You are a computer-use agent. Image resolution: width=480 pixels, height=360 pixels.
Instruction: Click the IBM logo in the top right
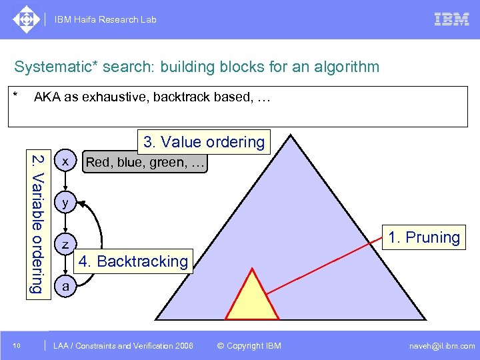click(x=451, y=19)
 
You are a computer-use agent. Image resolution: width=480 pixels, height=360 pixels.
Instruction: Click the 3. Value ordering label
click(x=203, y=142)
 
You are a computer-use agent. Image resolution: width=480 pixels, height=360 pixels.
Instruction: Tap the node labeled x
click(x=65, y=161)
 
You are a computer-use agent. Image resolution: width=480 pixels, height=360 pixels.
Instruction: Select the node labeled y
click(x=65, y=203)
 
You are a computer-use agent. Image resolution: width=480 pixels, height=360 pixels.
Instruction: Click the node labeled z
click(x=65, y=245)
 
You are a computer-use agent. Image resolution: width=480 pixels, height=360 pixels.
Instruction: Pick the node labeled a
click(x=65, y=286)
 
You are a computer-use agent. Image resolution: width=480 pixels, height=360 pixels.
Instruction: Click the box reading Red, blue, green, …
click(x=145, y=161)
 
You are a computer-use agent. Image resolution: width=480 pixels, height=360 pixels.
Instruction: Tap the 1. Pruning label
click(x=424, y=237)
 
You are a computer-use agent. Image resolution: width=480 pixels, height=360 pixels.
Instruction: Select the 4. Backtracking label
click(x=133, y=261)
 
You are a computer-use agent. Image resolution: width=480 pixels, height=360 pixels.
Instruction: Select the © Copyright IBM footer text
click(x=249, y=345)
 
